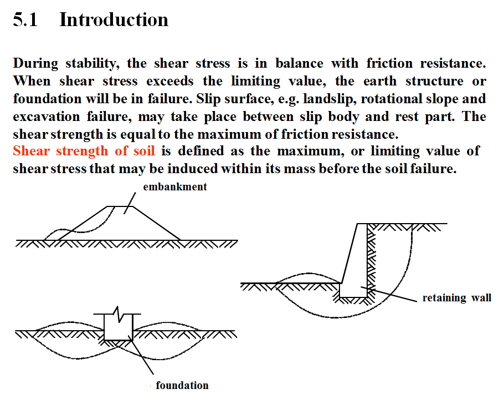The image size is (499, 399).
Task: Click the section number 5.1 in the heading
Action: tap(25, 20)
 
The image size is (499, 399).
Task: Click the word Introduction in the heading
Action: tap(114, 20)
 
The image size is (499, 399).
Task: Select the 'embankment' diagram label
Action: tap(175, 187)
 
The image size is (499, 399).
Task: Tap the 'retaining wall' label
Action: tap(456, 298)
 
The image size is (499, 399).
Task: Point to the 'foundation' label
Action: tap(182, 385)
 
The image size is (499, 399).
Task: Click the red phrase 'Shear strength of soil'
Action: tap(84, 151)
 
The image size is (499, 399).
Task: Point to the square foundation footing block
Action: tap(118, 327)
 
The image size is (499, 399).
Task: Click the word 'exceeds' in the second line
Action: tap(170, 81)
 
